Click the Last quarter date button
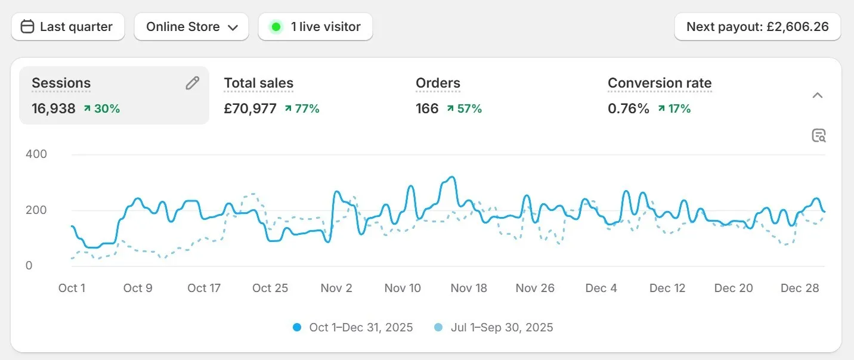67,27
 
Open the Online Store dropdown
191,27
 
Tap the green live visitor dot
276,27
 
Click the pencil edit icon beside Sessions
192,83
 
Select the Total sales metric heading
258,83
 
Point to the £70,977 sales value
250,108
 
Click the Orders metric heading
438,83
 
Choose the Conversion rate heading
660,83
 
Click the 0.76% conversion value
628,108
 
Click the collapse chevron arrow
818,95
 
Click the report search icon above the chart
819,136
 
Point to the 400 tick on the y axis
36,154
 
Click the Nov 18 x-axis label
469,288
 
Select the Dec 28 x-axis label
800,288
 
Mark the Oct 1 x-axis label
72,288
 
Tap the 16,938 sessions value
54,108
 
